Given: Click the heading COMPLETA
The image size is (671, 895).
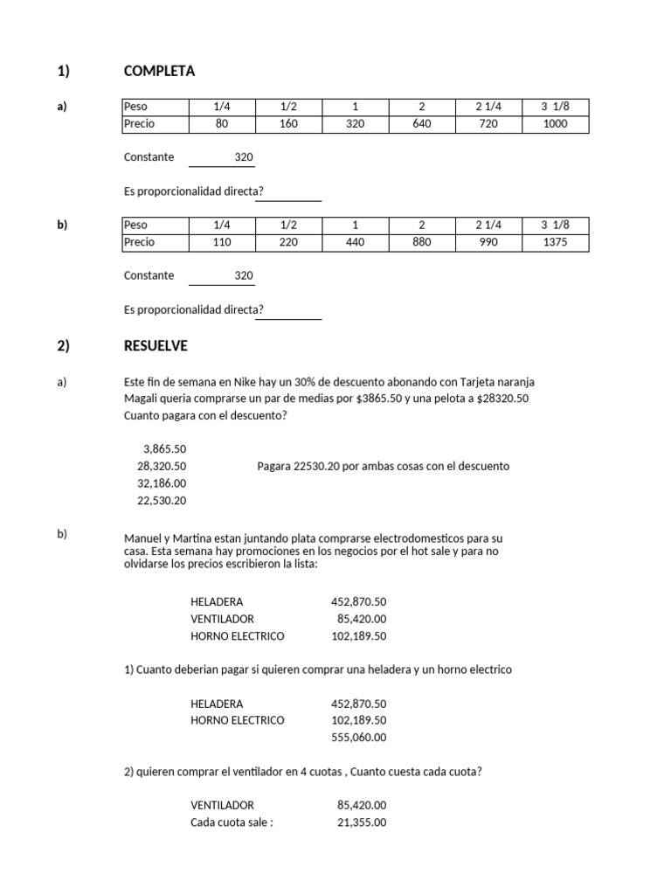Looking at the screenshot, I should click(160, 71).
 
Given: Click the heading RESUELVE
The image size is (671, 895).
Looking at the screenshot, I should click(156, 346).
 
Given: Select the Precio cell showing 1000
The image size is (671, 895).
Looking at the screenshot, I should click(555, 124).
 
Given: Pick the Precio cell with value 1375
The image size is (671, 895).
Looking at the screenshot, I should click(555, 242).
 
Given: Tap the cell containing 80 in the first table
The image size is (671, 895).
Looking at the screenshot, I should click(221, 124).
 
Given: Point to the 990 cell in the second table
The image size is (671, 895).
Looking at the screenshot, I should click(488, 242).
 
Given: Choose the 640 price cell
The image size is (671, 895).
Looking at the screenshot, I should click(421, 124).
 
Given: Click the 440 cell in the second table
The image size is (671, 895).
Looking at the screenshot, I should click(355, 242).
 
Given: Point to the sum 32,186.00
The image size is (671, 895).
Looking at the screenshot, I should click(162, 483).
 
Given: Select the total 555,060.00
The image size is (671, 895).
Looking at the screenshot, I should click(358, 738).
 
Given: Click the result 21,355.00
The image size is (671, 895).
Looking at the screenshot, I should click(361, 822).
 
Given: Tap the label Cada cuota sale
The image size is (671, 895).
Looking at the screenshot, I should click(231, 822).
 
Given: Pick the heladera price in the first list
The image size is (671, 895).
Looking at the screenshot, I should click(358, 602).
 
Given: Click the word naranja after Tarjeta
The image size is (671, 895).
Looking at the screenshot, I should click(513, 382).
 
